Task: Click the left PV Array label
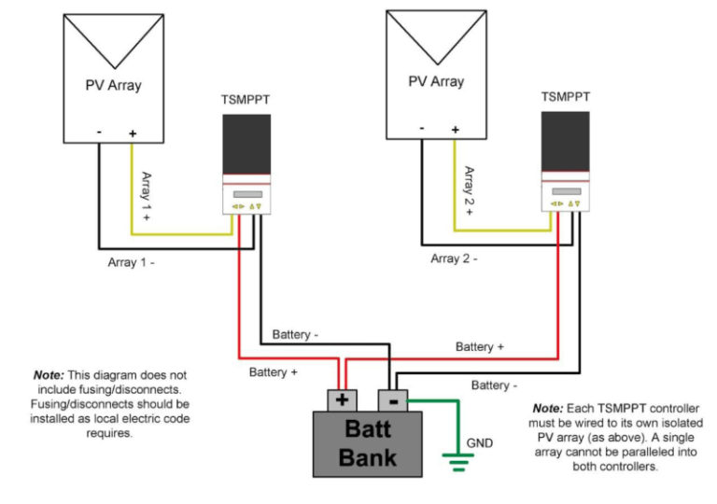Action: pyautogui.click(x=113, y=85)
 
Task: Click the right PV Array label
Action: pyautogui.click(x=436, y=81)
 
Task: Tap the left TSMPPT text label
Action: pyautogui.click(x=246, y=100)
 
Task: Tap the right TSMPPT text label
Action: pyautogui.click(x=566, y=97)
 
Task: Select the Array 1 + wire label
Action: pyautogui.click(x=146, y=197)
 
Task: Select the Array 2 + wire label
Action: pyautogui.click(x=469, y=191)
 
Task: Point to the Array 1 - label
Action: pyautogui.click(x=132, y=262)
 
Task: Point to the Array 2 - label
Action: pyautogui.click(x=454, y=259)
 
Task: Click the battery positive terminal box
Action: pyautogui.click(x=342, y=400)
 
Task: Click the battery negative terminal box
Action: pyautogui.click(x=393, y=400)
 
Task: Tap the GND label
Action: pyautogui.click(x=480, y=443)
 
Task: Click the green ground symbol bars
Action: pyautogui.click(x=458, y=462)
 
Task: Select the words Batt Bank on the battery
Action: pyautogui.click(x=368, y=443)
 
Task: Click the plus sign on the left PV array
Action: pyautogui.click(x=133, y=133)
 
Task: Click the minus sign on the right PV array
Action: pyautogui.click(x=422, y=129)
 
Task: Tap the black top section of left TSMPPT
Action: pyautogui.click(x=246, y=144)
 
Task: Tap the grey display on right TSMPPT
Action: pyautogui.click(x=567, y=191)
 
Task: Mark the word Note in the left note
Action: pyautogui.click(x=49, y=375)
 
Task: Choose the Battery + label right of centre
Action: pyautogui.click(x=480, y=346)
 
